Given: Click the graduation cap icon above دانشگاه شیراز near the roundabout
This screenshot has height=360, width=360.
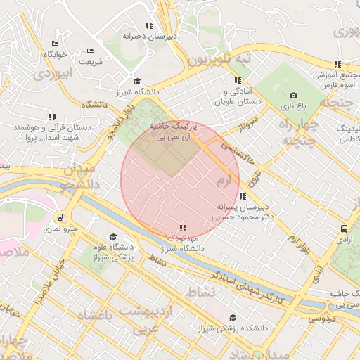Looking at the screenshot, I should pos(136,81).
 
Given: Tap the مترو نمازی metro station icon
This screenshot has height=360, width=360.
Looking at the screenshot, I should pos(61,217).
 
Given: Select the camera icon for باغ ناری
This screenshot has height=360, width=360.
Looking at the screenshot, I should pos(293,96).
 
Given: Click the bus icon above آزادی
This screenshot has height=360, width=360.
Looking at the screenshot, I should pos(344,229).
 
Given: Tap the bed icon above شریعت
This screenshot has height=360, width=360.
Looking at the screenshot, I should pos(89,51).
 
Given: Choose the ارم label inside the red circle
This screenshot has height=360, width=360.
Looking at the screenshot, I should pos(224,181).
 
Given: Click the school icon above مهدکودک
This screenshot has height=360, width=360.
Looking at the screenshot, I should pos(183,228).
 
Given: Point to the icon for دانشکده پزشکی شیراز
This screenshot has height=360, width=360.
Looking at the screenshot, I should pos(233,317).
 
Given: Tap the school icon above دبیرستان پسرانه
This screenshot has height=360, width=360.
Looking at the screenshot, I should pos(243,196).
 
